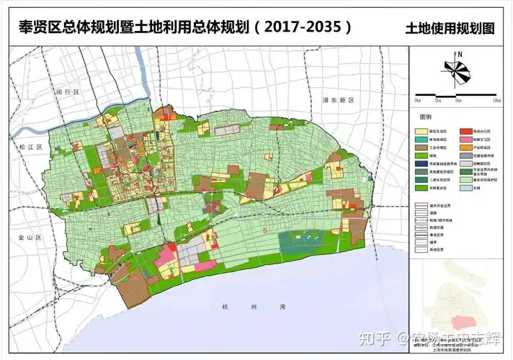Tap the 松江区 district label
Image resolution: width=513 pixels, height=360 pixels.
[x=32, y=146]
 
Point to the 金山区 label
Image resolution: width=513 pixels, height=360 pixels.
[x=30, y=236]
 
